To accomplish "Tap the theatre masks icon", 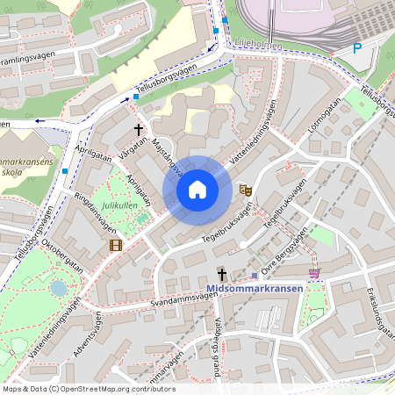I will point(247,190).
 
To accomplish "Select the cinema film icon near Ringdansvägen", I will point(116,244).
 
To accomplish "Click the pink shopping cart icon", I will point(314,273).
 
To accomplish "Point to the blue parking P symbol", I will point(356,49).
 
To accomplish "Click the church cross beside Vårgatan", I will point(138,129).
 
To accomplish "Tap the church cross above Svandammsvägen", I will point(222,274).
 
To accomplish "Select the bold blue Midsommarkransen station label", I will point(255,289).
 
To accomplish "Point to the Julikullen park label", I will point(119,205).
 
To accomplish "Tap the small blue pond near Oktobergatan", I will point(58,287).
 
